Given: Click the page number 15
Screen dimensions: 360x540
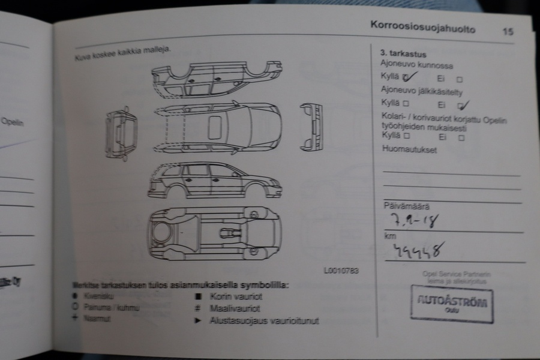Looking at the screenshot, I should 508,31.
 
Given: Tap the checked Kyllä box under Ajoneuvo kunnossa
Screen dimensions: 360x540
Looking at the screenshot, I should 406,77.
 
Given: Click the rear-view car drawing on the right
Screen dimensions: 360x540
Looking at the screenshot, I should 311,127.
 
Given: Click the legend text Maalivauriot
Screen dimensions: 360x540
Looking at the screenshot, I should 235,308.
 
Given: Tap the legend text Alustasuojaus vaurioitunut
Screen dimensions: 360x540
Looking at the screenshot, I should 264,321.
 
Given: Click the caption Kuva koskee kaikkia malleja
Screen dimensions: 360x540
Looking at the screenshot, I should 122,54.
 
